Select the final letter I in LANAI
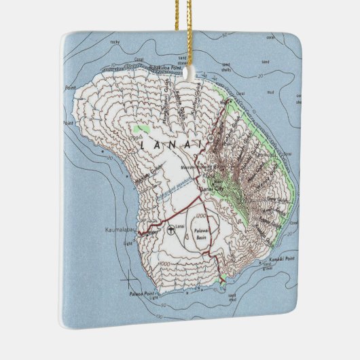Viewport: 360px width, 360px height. [x=200, y=145]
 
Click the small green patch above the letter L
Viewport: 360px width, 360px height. [x=141, y=129]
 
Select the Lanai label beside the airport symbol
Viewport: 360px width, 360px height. [x=180, y=226]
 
